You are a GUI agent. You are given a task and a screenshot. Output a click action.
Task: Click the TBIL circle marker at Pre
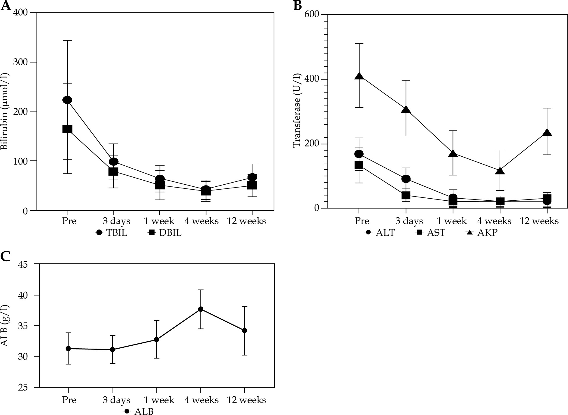click(67, 100)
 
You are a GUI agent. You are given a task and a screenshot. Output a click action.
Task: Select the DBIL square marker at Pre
click(67, 129)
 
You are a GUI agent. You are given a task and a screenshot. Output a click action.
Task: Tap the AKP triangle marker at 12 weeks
click(547, 132)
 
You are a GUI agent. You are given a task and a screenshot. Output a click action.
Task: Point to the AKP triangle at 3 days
click(406, 110)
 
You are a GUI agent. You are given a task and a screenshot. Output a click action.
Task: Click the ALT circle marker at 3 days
click(406, 179)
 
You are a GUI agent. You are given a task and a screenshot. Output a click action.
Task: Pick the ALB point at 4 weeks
click(201, 309)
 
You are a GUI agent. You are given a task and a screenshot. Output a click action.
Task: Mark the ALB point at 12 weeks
click(244, 331)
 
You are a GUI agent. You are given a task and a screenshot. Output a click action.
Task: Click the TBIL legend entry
click(112, 233)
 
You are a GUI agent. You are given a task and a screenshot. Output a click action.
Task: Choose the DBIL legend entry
click(165, 233)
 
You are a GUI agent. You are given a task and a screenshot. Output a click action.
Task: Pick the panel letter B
click(297, 5)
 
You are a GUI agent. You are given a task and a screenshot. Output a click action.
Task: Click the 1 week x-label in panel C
click(159, 400)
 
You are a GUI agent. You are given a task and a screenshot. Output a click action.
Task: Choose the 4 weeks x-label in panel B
click(494, 221)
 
